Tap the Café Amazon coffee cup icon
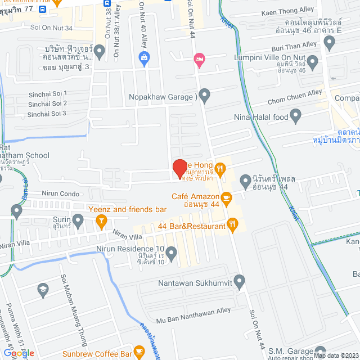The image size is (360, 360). coord(226,197)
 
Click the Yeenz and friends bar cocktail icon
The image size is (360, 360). coord(101,223)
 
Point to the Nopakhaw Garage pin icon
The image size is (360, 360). coord(205,96)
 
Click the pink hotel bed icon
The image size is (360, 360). coord(199,58)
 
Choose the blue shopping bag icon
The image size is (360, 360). coord(145,57)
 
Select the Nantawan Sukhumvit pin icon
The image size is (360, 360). coord(240,281)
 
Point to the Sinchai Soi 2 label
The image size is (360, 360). coord(48,103)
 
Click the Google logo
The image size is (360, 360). coord(19,353)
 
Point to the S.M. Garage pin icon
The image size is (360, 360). coord(321,351)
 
